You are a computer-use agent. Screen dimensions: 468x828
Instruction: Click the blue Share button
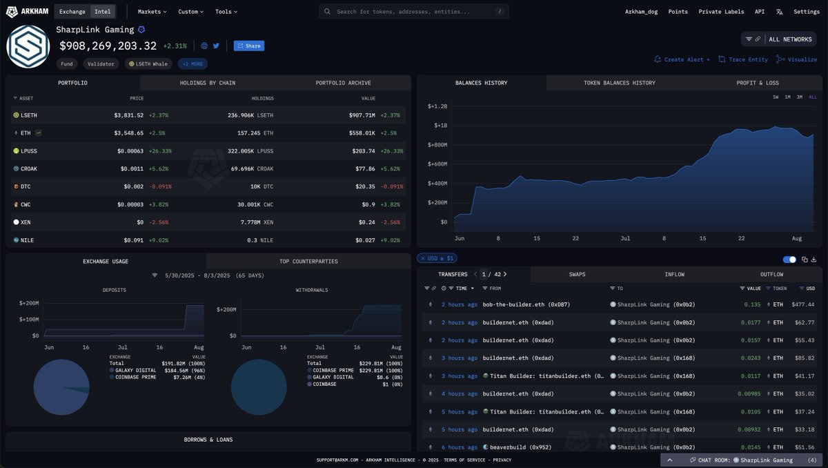[x=249, y=46]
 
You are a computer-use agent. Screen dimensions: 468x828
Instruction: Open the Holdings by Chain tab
[x=208, y=83]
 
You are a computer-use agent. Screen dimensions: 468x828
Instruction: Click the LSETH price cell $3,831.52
[x=128, y=115]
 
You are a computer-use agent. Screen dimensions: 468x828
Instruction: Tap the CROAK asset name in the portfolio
[x=30, y=168]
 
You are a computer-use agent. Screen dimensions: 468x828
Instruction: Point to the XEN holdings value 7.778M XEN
[x=257, y=222]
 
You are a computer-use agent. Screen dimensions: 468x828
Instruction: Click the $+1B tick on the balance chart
[x=440, y=126]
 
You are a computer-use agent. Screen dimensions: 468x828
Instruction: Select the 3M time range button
[x=800, y=97]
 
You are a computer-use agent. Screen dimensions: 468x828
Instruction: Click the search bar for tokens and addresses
[x=414, y=12]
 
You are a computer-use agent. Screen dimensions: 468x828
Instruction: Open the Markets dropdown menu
[x=152, y=12]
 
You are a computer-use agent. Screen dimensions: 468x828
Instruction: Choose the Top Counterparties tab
[x=308, y=262]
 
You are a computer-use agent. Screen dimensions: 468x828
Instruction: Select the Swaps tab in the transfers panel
[x=578, y=275]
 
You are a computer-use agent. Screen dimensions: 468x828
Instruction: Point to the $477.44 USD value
[x=803, y=304]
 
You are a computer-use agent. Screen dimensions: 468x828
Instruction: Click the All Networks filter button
[x=778, y=39]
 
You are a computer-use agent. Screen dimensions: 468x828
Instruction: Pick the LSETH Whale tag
[x=148, y=64]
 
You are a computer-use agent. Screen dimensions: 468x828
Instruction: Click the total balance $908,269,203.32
[x=108, y=46]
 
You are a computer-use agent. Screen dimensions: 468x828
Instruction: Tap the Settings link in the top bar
[x=806, y=12]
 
